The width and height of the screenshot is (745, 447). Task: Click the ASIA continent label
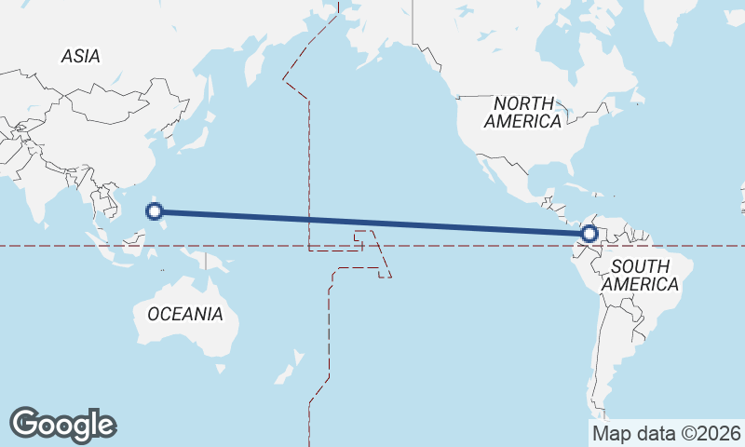coord(80,57)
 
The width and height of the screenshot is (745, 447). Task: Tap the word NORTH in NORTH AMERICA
coord(523,103)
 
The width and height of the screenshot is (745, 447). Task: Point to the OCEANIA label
coord(185,314)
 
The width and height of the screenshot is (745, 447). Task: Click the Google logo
coord(62,425)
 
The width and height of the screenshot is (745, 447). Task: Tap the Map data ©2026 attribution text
coord(666,433)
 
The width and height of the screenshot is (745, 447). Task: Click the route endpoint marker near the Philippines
coord(156,211)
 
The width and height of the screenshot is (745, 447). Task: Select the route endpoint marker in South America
coord(589,234)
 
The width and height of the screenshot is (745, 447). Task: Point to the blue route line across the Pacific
coord(372,223)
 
